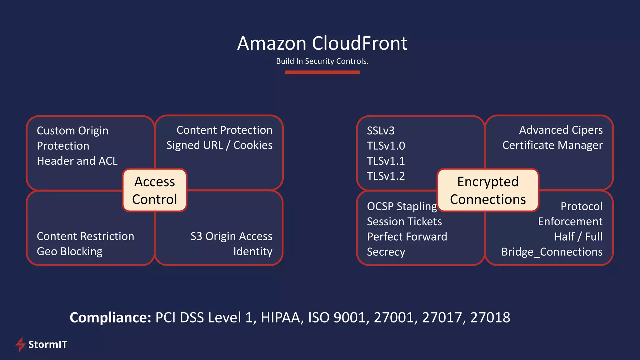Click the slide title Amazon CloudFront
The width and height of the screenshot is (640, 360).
tap(322, 43)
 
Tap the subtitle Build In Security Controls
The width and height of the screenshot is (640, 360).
tap(322, 61)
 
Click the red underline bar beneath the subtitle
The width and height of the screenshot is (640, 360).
tap(322, 72)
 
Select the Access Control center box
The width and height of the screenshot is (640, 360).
tap(154, 190)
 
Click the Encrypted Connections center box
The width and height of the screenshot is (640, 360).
tap(488, 190)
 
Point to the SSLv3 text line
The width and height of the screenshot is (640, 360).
tap(381, 131)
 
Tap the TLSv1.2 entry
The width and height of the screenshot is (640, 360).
tap(386, 176)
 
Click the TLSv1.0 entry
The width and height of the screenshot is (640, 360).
tap(386, 146)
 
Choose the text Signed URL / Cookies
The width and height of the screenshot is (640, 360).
tap(219, 145)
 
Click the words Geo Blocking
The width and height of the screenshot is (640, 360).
tap(69, 252)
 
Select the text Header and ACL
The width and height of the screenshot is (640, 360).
tap(77, 161)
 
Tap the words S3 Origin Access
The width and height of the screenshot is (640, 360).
tap(231, 237)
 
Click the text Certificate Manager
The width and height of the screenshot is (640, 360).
tap(552, 145)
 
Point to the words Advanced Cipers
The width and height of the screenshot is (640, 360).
tap(561, 130)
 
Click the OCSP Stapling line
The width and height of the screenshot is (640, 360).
tap(402, 207)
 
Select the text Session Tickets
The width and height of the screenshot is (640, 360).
tap(404, 222)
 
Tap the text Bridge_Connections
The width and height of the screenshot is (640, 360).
tap(552, 252)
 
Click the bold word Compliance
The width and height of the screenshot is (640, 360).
tap(110, 317)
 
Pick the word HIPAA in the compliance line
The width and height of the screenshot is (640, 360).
tap(282, 317)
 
